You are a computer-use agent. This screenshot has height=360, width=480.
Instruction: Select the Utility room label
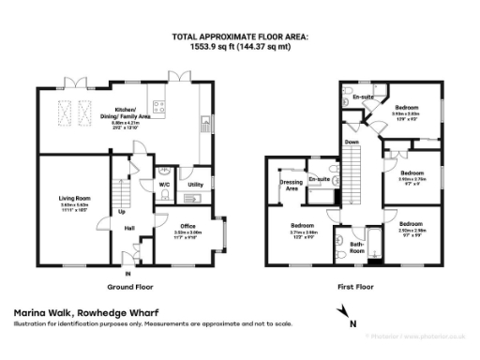coord(195,185)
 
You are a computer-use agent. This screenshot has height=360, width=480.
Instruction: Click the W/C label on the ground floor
coord(164,185)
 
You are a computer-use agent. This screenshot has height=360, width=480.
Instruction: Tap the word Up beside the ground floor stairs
coord(122,211)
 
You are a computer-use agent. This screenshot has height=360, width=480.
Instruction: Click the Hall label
coord(129,228)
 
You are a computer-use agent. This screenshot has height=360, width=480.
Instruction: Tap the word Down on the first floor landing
coord(352,142)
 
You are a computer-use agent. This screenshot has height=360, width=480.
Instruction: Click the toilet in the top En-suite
coord(349,97)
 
